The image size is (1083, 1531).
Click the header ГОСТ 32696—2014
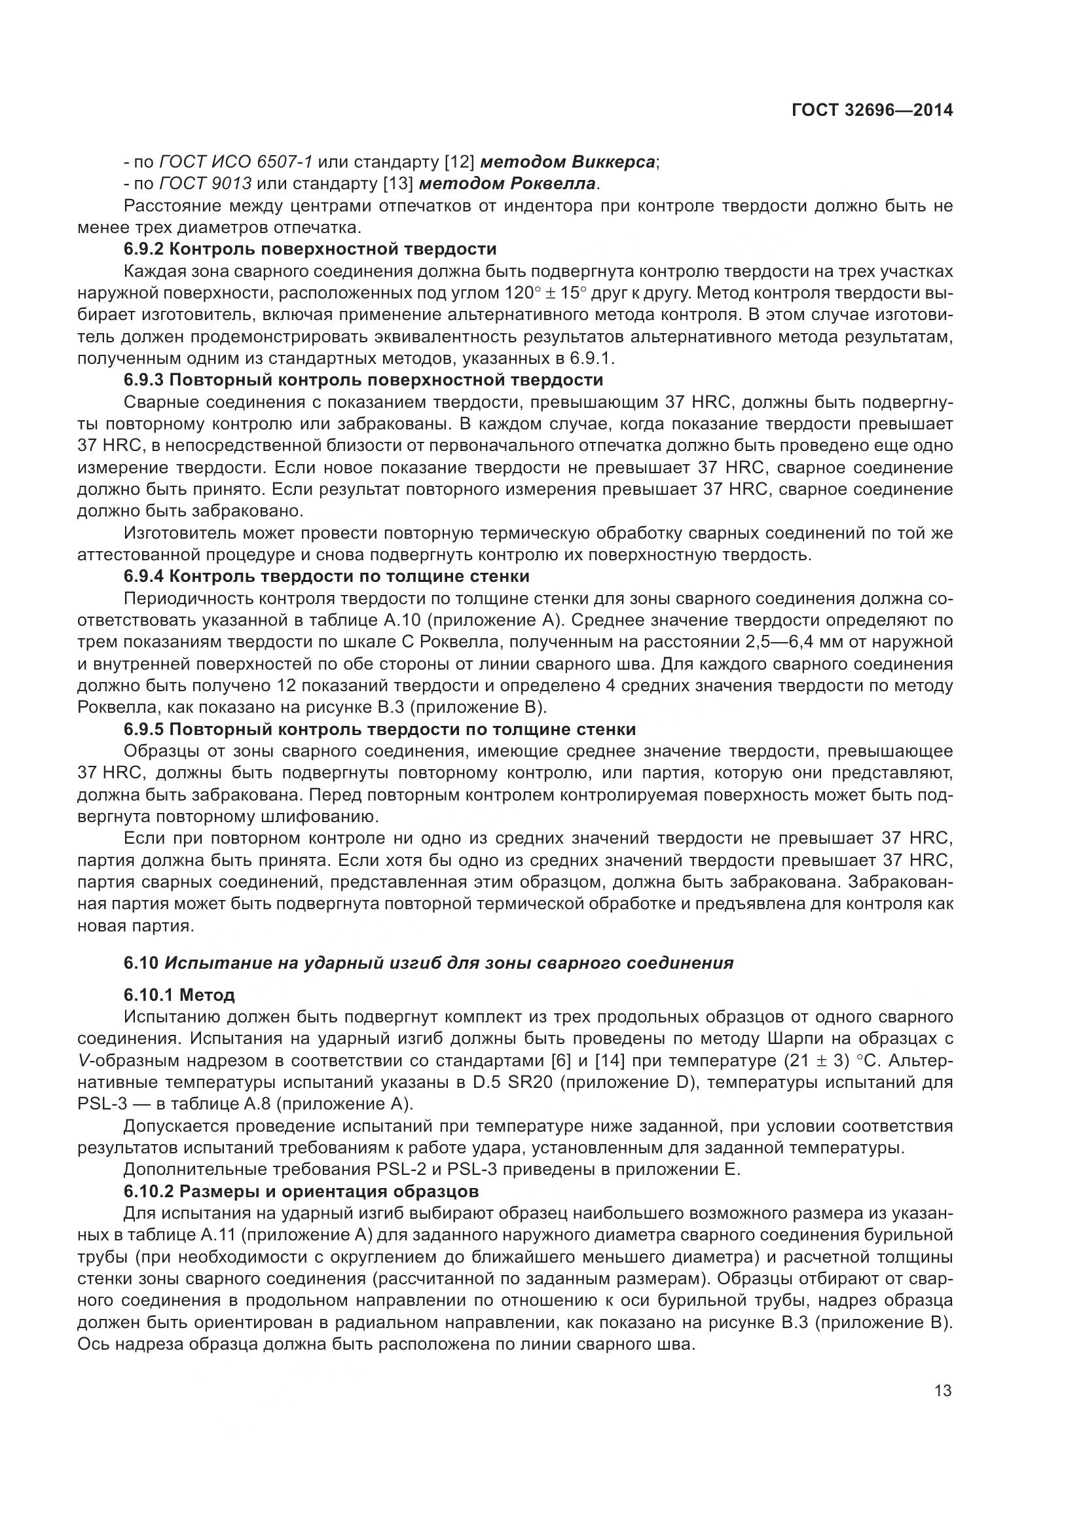[872, 111]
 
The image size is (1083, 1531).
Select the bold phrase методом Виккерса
[568, 162]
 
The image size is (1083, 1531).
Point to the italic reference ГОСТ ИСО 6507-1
[236, 162]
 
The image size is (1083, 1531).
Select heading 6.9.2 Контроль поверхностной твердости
[310, 249]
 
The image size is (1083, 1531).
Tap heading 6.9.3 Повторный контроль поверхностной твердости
[363, 380]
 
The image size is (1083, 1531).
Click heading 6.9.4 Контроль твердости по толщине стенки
[326, 576]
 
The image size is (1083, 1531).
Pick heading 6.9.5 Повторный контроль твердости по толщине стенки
[380, 729]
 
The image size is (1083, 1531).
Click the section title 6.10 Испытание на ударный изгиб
[428, 963]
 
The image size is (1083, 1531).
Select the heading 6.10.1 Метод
[179, 996]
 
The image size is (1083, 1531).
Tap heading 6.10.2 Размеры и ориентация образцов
[301, 1191]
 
